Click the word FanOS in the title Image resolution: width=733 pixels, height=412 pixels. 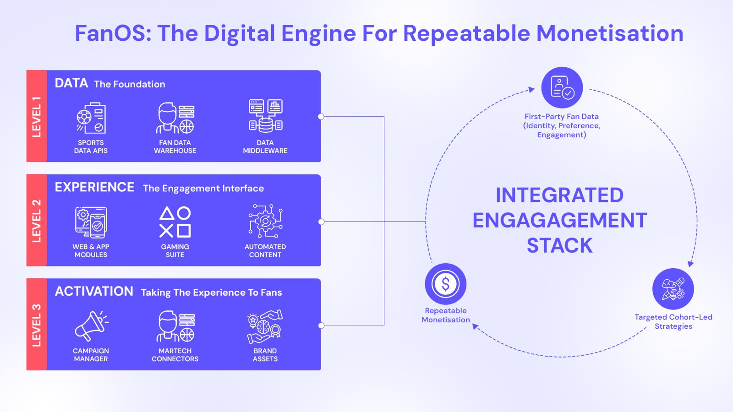[x=113, y=33]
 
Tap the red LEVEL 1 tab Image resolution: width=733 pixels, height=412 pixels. [x=37, y=116]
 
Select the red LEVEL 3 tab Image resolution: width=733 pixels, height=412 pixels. [x=37, y=325]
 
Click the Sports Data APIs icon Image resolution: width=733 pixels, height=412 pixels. [x=91, y=118]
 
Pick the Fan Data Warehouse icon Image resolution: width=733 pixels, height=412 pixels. [x=175, y=118]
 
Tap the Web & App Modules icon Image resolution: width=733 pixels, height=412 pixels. [x=91, y=222]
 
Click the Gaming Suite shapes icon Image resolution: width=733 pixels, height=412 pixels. [x=175, y=222]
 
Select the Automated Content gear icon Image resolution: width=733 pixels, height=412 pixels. [x=265, y=221]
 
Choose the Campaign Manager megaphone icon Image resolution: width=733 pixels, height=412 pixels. [x=91, y=325]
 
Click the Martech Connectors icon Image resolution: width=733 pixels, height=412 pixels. [x=175, y=326]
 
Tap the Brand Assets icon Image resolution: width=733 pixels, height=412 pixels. [x=265, y=326]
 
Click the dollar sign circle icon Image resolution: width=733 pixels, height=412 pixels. [x=445, y=284]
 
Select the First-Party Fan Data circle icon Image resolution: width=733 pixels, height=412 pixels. [x=562, y=87]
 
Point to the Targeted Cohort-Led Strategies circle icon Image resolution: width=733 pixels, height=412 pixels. [x=673, y=289]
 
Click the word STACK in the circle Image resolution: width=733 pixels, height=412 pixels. [x=559, y=246]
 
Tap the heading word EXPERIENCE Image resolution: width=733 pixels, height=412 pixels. [x=94, y=187]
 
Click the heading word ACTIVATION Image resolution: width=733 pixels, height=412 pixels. [x=94, y=291]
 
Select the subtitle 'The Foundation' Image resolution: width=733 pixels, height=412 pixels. [x=130, y=84]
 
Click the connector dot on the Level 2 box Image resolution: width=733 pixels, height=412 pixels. [x=321, y=222]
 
